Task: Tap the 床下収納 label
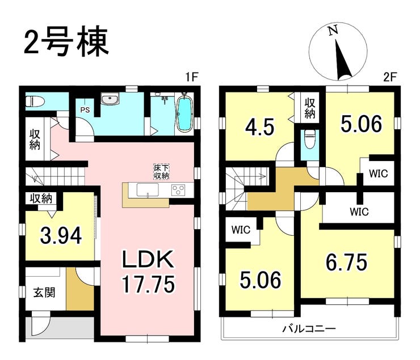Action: point(161,172)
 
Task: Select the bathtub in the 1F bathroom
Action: point(185,115)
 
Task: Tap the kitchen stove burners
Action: point(179,190)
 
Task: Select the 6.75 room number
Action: point(346,262)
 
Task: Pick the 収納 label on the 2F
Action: point(310,108)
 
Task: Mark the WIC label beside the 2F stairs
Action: point(240,231)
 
